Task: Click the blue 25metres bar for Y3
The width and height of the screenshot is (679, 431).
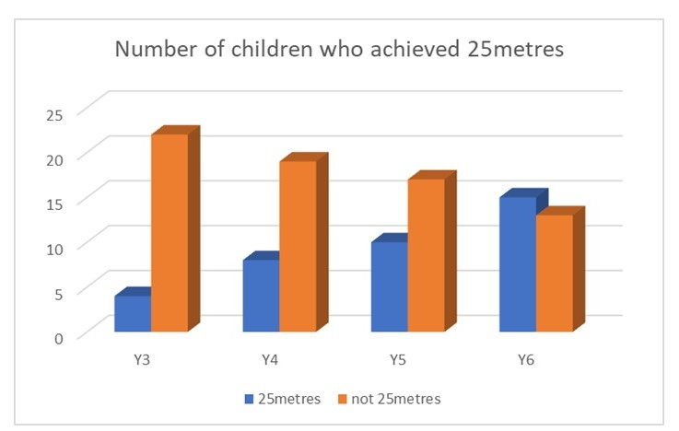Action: pos(133,313)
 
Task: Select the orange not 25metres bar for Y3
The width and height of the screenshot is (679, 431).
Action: pos(170,232)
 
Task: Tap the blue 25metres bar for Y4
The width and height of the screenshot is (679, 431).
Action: pos(261,295)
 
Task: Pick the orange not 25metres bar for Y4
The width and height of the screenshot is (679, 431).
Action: pos(298,245)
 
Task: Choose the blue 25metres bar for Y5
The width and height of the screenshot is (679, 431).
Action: pos(389,285)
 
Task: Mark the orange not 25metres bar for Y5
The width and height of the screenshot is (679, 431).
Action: pos(426,254)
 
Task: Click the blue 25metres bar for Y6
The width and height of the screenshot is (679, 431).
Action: pos(517,263)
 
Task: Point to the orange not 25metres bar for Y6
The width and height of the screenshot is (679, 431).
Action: pos(554,273)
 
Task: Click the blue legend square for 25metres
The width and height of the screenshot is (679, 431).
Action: pos(249,399)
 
